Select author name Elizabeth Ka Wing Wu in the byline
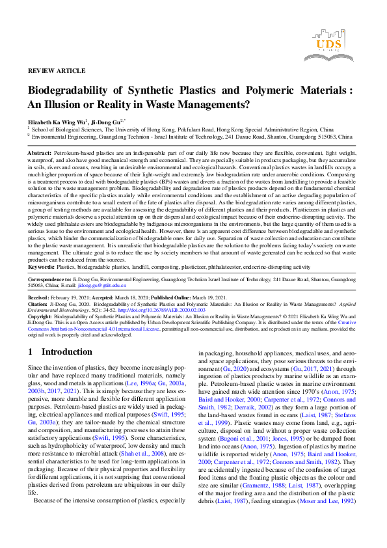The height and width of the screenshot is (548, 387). point(56,122)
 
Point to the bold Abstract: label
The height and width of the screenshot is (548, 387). point(40,152)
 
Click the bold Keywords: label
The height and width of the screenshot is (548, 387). point(41,266)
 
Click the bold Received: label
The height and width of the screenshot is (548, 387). point(40,296)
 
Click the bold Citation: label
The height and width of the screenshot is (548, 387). point(40,303)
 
